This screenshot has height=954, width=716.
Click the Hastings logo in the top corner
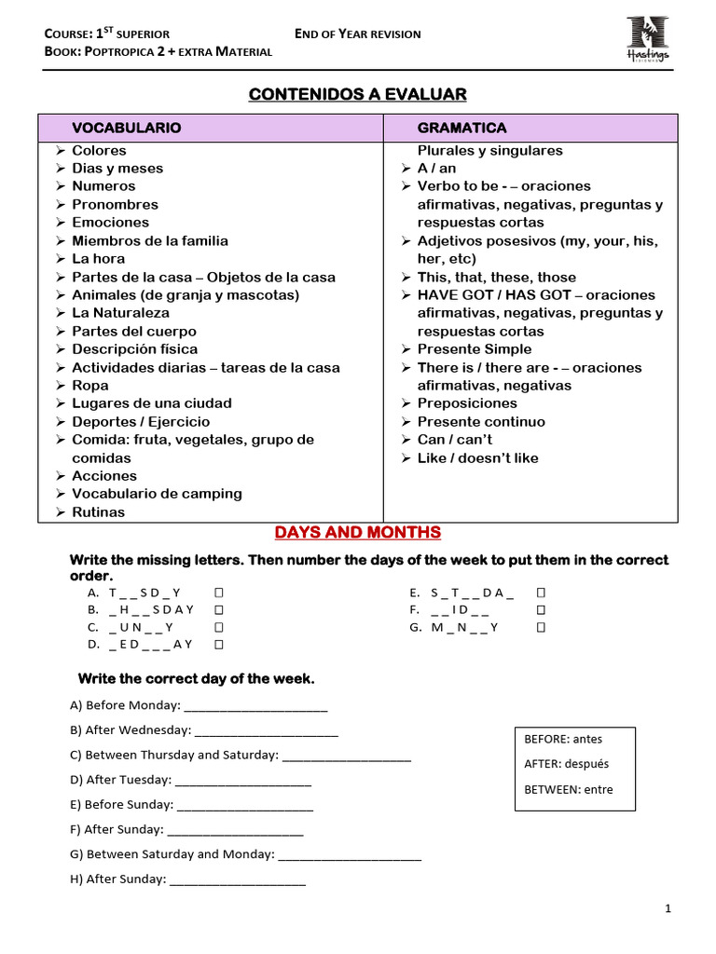click(x=647, y=37)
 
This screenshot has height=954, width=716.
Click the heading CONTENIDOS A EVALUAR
click(x=357, y=94)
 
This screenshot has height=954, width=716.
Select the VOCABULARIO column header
click(x=127, y=128)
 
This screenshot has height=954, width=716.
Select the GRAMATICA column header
click(x=461, y=128)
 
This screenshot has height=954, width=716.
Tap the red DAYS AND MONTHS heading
click(x=357, y=533)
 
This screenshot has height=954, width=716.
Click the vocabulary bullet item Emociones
click(x=110, y=223)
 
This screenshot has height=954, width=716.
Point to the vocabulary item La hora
click(x=98, y=259)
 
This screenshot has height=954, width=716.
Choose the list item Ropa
click(x=90, y=386)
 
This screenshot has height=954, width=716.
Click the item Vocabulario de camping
click(x=157, y=494)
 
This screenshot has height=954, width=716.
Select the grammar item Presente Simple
click(x=474, y=349)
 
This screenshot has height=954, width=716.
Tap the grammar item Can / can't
click(x=454, y=440)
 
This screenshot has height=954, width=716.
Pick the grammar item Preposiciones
click(x=466, y=403)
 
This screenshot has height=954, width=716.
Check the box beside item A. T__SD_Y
click(x=218, y=593)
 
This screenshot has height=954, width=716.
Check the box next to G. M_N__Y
click(x=541, y=627)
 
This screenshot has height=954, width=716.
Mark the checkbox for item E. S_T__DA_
click(x=541, y=593)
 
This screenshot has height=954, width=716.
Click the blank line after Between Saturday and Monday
click(x=350, y=854)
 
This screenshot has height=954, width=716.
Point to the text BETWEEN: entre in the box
click(x=569, y=790)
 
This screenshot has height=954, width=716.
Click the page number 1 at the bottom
click(x=668, y=909)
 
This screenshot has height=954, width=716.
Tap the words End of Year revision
click(x=357, y=34)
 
